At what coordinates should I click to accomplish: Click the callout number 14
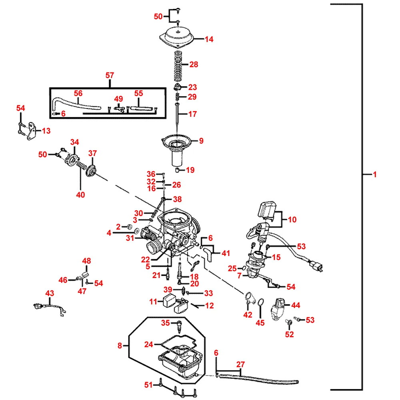(209, 39)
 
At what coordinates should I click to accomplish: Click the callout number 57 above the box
(110, 75)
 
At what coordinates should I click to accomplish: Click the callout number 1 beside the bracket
(375, 174)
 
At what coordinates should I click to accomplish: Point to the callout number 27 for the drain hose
(240, 364)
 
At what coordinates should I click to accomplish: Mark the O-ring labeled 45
(260, 302)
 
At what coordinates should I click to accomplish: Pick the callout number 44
(295, 305)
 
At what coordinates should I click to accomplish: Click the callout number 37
(93, 153)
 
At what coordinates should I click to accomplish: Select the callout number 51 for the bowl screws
(149, 385)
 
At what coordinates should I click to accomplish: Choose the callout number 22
(145, 259)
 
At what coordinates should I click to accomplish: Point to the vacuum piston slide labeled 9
(176, 144)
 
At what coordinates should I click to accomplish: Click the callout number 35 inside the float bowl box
(166, 323)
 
